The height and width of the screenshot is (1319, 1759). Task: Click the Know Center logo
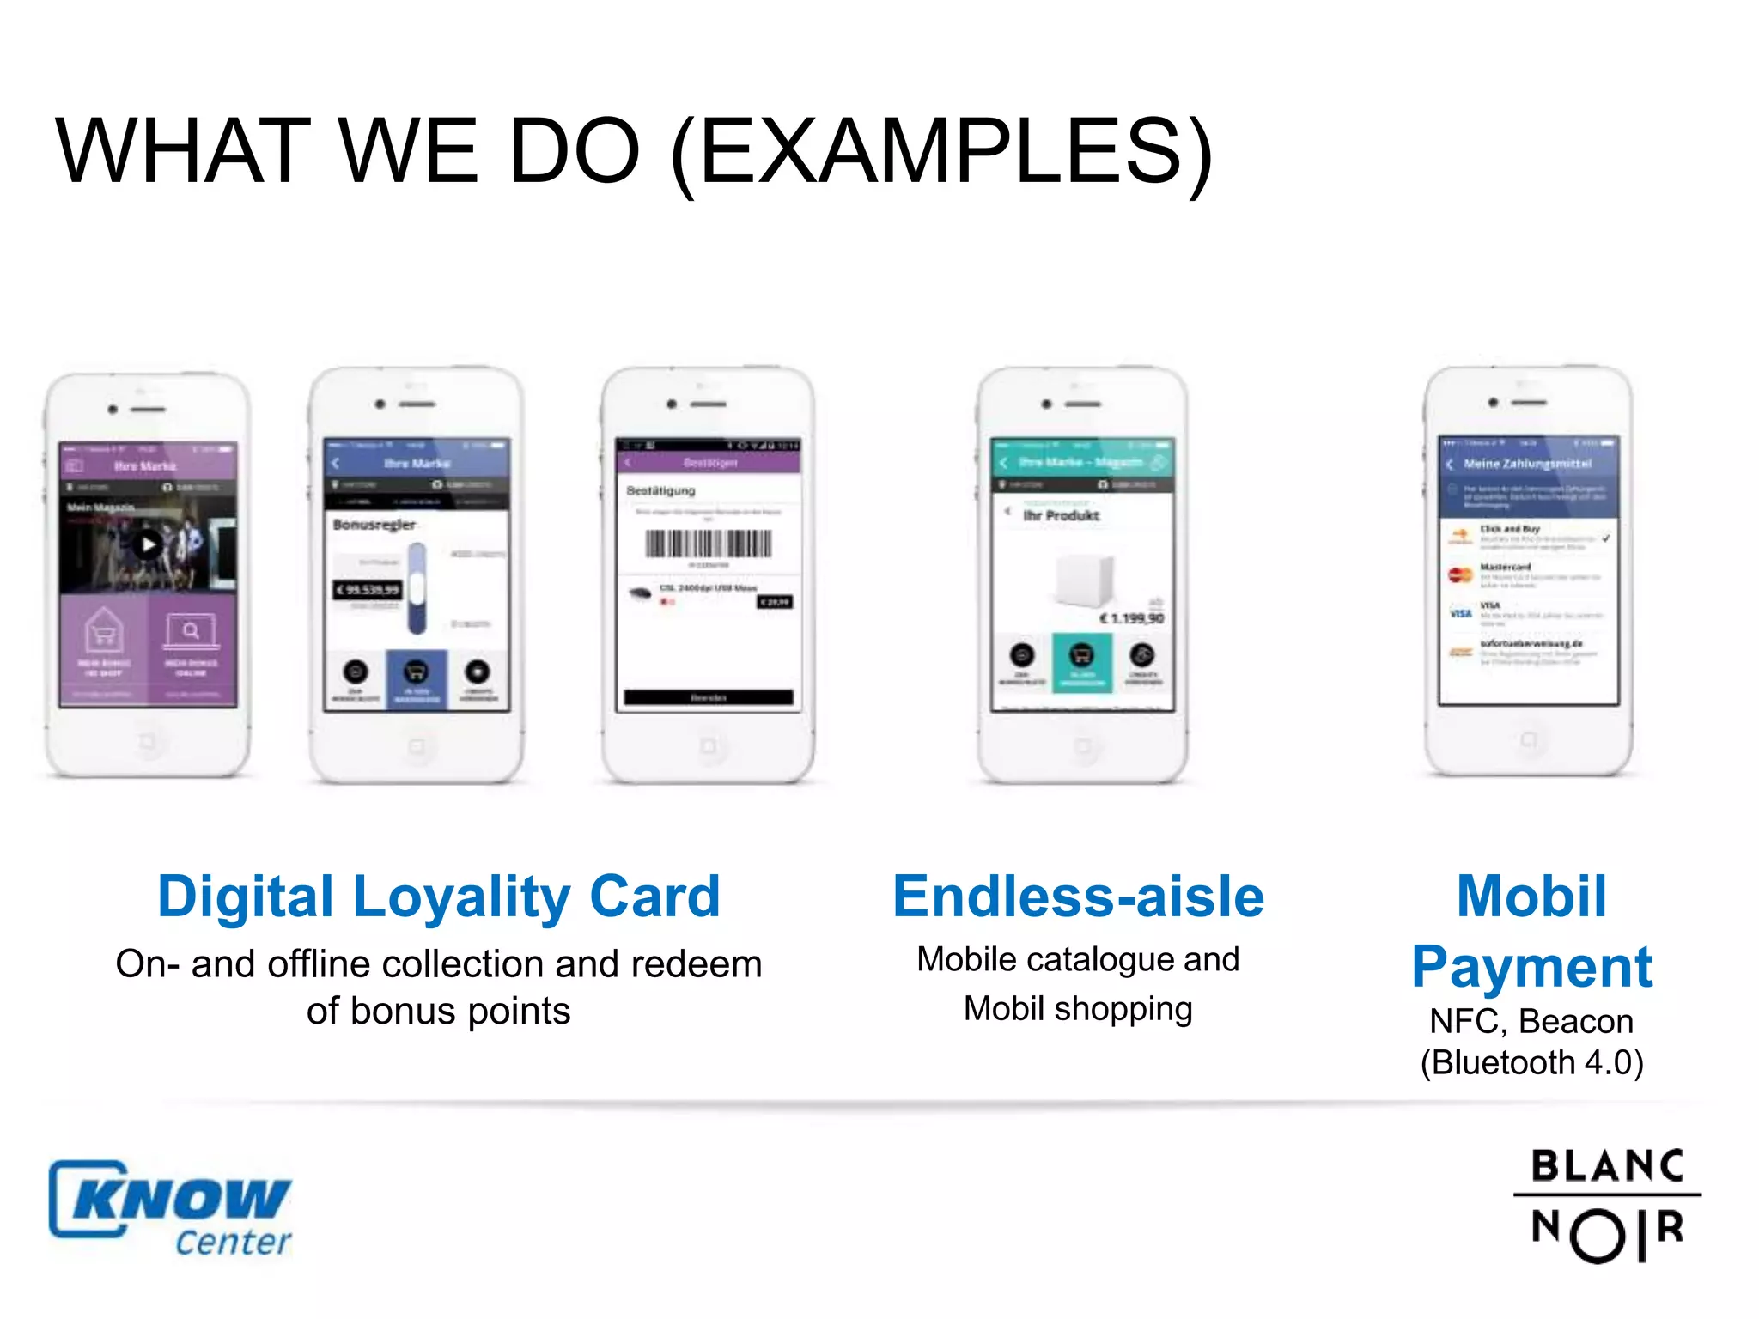(x=170, y=1207)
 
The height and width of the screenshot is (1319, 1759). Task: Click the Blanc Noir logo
(x=1607, y=1205)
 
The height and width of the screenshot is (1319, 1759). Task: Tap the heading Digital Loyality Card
(x=438, y=897)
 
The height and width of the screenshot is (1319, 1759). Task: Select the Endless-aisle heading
(x=1078, y=897)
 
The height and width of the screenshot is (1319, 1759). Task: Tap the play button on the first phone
(x=149, y=544)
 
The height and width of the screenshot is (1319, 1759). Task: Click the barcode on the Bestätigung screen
(x=709, y=544)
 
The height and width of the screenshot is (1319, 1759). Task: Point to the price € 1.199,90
(x=1132, y=618)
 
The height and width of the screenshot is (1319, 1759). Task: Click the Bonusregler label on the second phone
(x=374, y=525)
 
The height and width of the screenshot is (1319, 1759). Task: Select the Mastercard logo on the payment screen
(x=1460, y=574)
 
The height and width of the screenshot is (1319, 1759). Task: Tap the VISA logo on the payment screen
(x=1460, y=613)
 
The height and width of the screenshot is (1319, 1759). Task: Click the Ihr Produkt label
(x=1061, y=515)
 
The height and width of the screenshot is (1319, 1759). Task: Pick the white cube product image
(x=1084, y=581)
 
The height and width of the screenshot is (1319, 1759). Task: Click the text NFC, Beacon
(x=1531, y=1022)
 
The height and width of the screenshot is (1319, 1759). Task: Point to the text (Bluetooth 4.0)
(x=1531, y=1063)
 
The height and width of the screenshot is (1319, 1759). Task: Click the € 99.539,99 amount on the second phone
(x=368, y=590)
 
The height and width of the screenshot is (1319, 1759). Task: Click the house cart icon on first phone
(x=104, y=633)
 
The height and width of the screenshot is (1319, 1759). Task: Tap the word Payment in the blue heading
(x=1531, y=968)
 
